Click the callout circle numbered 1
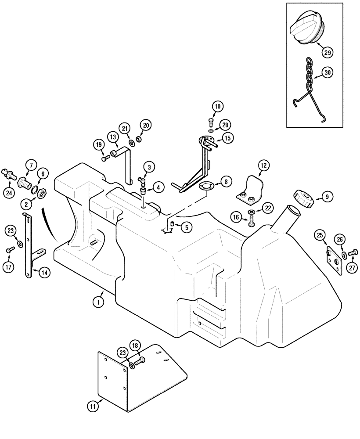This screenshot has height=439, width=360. [x=99, y=302]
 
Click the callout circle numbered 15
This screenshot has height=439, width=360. [x=227, y=138]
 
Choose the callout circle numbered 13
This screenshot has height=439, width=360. [x=113, y=137]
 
